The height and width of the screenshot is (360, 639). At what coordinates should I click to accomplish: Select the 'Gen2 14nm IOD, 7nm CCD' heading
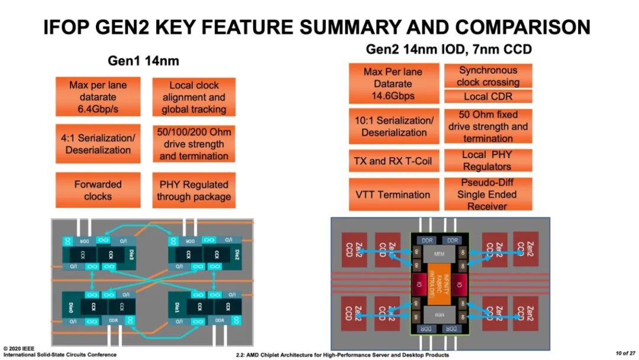(x=448, y=49)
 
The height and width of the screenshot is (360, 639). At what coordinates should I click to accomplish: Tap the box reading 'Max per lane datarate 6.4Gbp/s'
(x=98, y=97)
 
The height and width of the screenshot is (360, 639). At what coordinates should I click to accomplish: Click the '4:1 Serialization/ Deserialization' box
(x=98, y=144)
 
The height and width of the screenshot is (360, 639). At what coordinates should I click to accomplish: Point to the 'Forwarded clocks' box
(x=98, y=190)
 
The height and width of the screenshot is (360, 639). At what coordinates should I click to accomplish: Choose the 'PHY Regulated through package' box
(x=193, y=190)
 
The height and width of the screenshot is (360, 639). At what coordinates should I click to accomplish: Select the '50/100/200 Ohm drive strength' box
(x=193, y=144)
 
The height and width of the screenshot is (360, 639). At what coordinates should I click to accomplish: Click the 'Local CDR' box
(x=488, y=97)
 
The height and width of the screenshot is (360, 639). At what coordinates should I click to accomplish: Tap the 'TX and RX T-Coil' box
(x=393, y=161)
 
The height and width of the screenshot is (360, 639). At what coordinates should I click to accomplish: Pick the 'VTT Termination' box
(x=393, y=194)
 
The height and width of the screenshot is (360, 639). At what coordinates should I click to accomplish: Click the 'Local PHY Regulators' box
(x=488, y=160)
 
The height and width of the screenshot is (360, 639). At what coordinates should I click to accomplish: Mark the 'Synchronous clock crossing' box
(x=488, y=76)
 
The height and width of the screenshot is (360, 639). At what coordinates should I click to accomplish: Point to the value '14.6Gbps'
(x=393, y=95)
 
